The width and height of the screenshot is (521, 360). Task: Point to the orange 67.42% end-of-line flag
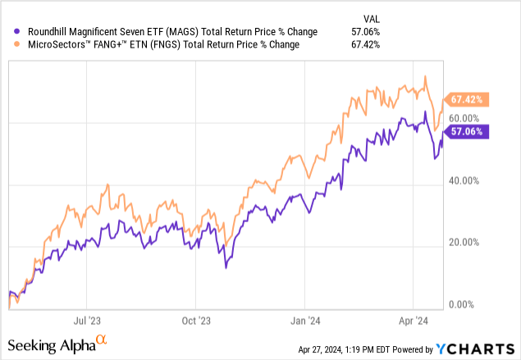coord(467,99)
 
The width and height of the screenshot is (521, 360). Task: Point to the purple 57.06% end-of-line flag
coord(467,131)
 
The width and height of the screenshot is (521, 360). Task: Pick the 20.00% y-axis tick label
coord(469,242)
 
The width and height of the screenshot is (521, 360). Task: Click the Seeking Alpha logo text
coord(56,342)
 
